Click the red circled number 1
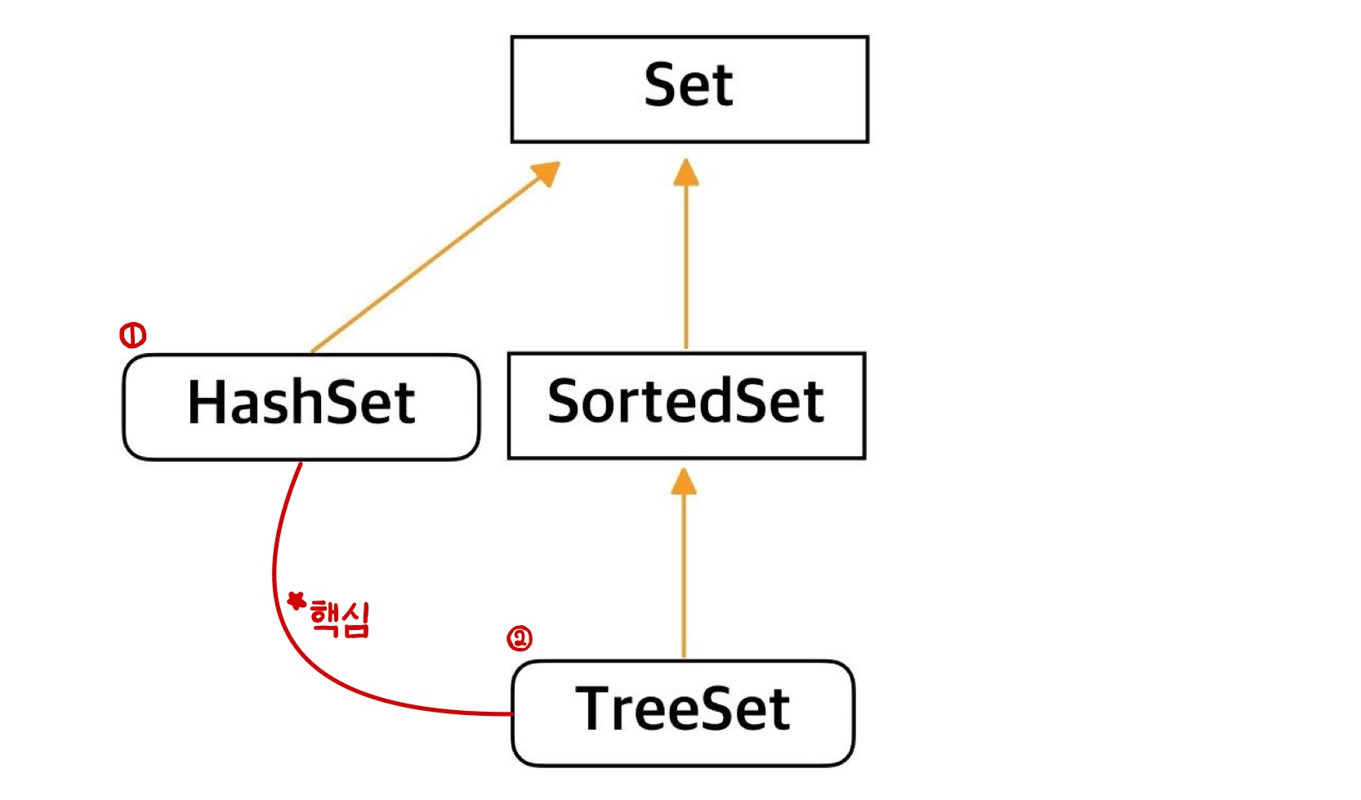(x=132, y=335)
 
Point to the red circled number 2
(x=520, y=638)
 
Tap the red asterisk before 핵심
(x=297, y=601)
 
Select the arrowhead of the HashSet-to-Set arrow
(x=547, y=172)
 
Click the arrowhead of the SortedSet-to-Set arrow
(x=686, y=172)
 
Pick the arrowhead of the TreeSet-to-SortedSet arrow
(x=684, y=481)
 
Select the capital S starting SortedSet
(x=564, y=401)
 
